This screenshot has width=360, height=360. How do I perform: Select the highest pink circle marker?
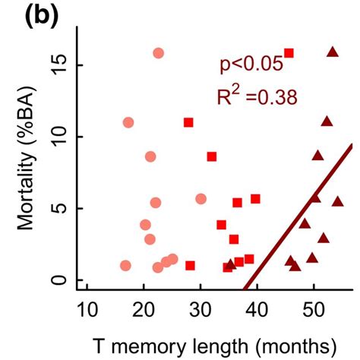(158, 53)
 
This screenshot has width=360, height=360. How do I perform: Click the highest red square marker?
(289, 53)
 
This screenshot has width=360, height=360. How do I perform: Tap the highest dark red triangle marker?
(332, 52)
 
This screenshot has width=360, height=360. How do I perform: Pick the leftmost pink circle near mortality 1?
(125, 266)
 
